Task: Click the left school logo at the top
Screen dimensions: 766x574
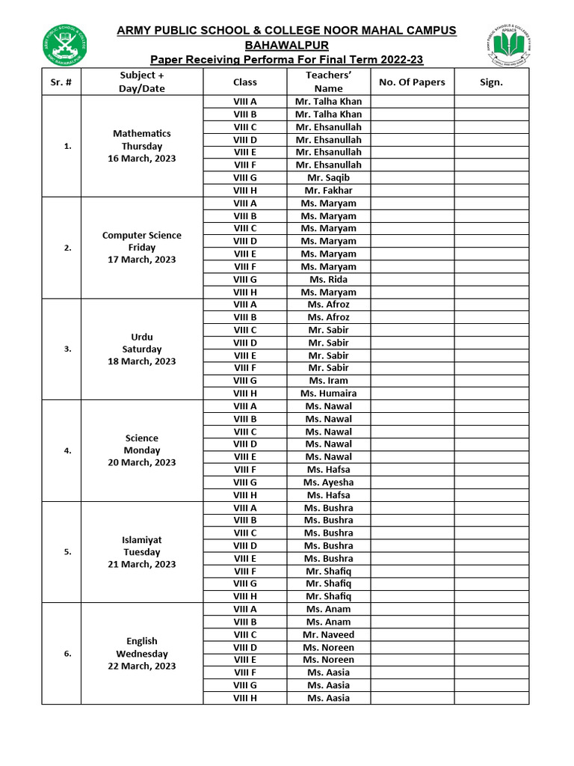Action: [64, 45]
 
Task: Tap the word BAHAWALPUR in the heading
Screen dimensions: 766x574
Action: [286, 45]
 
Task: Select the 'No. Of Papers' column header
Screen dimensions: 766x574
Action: [412, 82]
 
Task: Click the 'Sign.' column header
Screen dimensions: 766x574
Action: [491, 82]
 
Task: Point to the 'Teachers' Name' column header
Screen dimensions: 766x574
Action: [328, 82]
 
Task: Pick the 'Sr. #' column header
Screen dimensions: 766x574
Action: [61, 82]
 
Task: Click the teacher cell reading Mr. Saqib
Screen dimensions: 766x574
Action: [328, 178]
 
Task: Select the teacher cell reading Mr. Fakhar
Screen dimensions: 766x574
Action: [328, 191]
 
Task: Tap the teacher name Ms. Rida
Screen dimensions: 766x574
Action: [328, 280]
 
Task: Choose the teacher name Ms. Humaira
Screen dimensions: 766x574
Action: [328, 393]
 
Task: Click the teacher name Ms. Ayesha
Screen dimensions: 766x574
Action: [328, 482]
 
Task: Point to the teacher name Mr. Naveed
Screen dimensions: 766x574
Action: [328, 635]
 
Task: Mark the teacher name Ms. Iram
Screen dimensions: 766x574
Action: [328, 381]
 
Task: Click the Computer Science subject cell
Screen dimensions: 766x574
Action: [142, 236]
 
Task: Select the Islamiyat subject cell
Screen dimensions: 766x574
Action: [142, 540]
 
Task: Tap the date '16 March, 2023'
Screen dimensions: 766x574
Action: [142, 159]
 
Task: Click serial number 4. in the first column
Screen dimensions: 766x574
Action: [68, 450]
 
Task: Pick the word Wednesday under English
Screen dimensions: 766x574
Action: [142, 654]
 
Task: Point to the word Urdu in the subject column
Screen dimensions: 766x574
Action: [142, 337]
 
